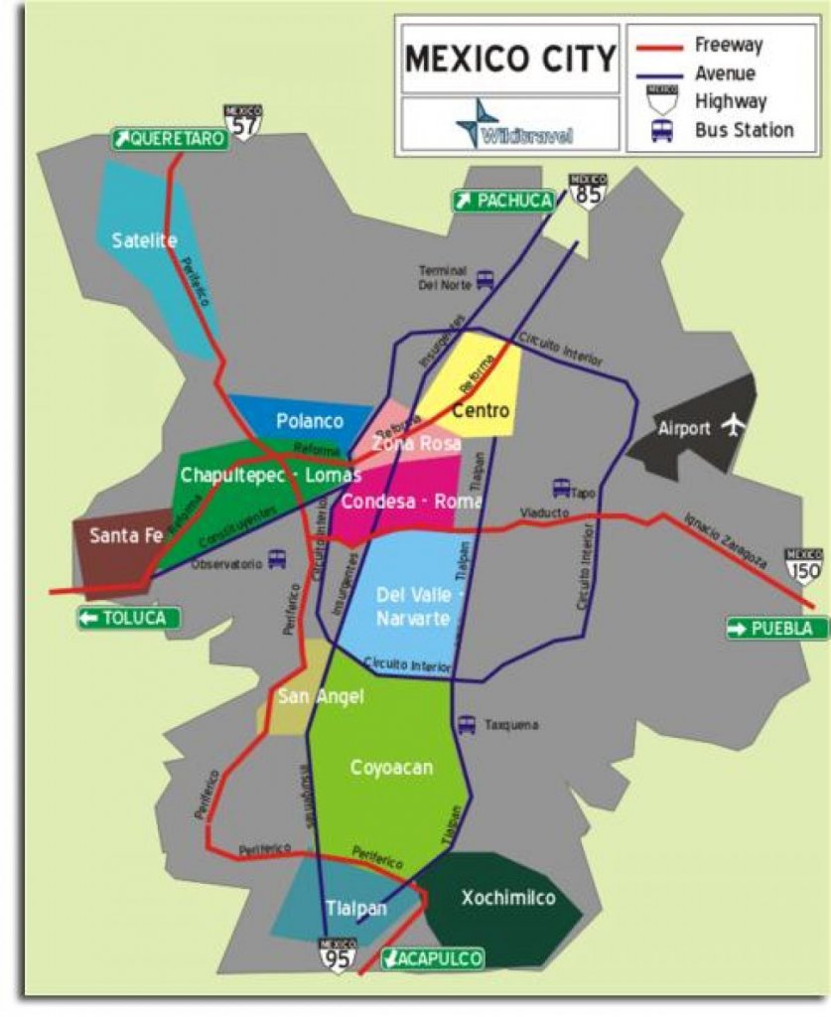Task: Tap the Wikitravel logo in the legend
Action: pyautogui.click(x=511, y=124)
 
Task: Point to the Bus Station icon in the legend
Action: pyautogui.click(x=662, y=130)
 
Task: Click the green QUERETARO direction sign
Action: pyautogui.click(x=170, y=139)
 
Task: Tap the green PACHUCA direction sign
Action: pyautogui.click(x=503, y=201)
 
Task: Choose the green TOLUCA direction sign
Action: pyautogui.click(x=130, y=619)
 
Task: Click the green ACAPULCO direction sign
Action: pyautogui.click(x=433, y=958)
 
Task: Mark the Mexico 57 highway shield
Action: pyautogui.click(x=242, y=121)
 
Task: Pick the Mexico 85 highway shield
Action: pyautogui.click(x=587, y=190)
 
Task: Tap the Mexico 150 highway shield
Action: pyautogui.click(x=803, y=564)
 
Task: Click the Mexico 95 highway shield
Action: pyautogui.click(x=338, y=953)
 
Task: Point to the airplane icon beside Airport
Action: pyautogui.click(x=733, y=426)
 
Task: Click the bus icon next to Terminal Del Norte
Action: pyautogui.click(x=485, y=279)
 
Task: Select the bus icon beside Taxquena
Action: pyautogui.click(x=467, y=725)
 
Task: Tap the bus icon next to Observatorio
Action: pyautogui.click(x=277, y=560)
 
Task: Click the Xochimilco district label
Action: pyautogui.click(x=507, y=899)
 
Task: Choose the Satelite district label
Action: pyautogui.click(x=145, y=239)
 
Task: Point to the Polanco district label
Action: pyautogui.click(x=310, y=420)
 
